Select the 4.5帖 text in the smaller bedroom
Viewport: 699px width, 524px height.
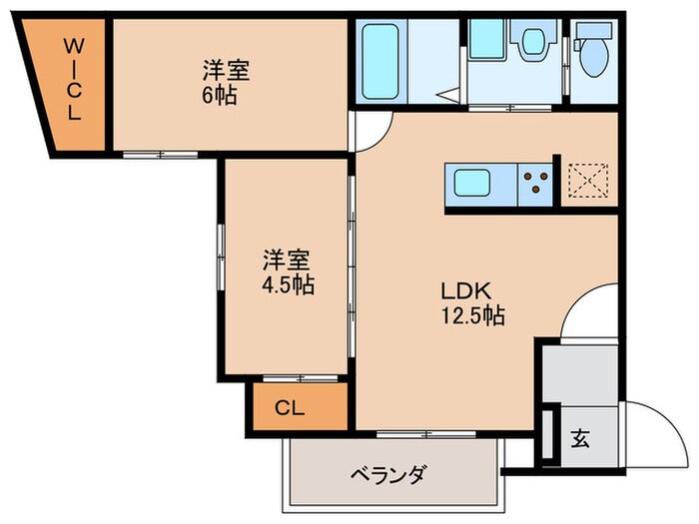[x=289, y=285]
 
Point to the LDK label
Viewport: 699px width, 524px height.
[x=464, y=291]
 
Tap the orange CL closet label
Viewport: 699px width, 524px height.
[x=290, y=409]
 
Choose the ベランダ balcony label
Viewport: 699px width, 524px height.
[x=387, y=473]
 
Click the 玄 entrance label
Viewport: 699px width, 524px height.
[x=580, y=438]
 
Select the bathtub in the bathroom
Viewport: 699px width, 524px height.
[x=380, y=63]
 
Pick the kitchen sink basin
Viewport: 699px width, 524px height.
[x=472, y=183]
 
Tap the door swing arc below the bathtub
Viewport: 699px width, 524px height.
[x=369, y=130]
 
